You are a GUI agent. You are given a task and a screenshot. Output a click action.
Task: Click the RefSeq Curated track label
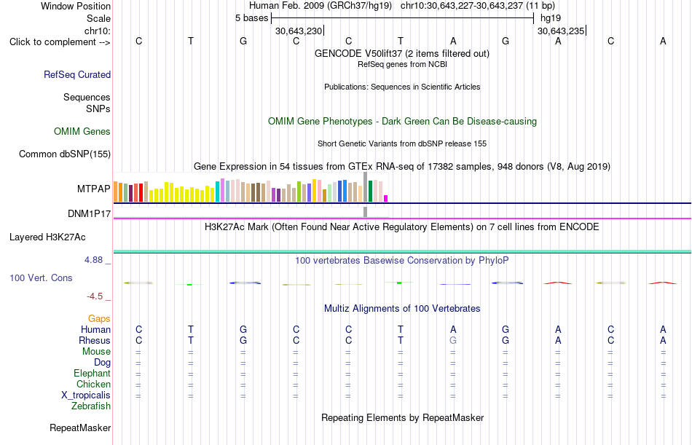click(x=77, y=74)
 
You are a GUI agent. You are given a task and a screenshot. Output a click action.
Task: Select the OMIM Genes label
click(x=82, y=132)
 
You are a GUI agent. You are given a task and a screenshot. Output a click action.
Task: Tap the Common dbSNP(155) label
click(x=65, y=154)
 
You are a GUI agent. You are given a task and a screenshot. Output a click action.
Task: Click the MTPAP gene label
click(x=93, y=189)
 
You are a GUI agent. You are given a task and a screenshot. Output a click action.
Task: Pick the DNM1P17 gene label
click(x=89, y=213)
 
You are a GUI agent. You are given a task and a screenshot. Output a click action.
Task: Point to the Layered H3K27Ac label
click(x=47, y=237)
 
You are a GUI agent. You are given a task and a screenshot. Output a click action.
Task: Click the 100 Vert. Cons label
click(x=41, y=277)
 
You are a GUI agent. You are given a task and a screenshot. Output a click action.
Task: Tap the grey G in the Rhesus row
click(x=453, y=340)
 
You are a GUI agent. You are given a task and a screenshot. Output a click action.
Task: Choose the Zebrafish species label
click(x=91, y=406)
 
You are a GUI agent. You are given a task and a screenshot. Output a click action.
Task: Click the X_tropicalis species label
click(x=86, y=395)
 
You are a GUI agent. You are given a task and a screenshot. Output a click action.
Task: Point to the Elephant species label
click(x=93, y=374)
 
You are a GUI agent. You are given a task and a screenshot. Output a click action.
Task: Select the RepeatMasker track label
click(x=80, y=428)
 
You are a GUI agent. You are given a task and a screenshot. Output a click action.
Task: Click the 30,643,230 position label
click(x=299, y=31)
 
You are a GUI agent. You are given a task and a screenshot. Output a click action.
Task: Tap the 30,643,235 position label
click(x=560, y=31)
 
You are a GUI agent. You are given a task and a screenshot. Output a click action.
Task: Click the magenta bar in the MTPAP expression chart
click(x=386, y=199)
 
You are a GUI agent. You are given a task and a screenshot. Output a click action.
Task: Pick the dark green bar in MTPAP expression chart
click(x=370, y=191)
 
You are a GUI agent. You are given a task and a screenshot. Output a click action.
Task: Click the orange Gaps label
click(x=99, y=319)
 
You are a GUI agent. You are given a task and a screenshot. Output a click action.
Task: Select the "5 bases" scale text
click(x=251, y=18)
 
